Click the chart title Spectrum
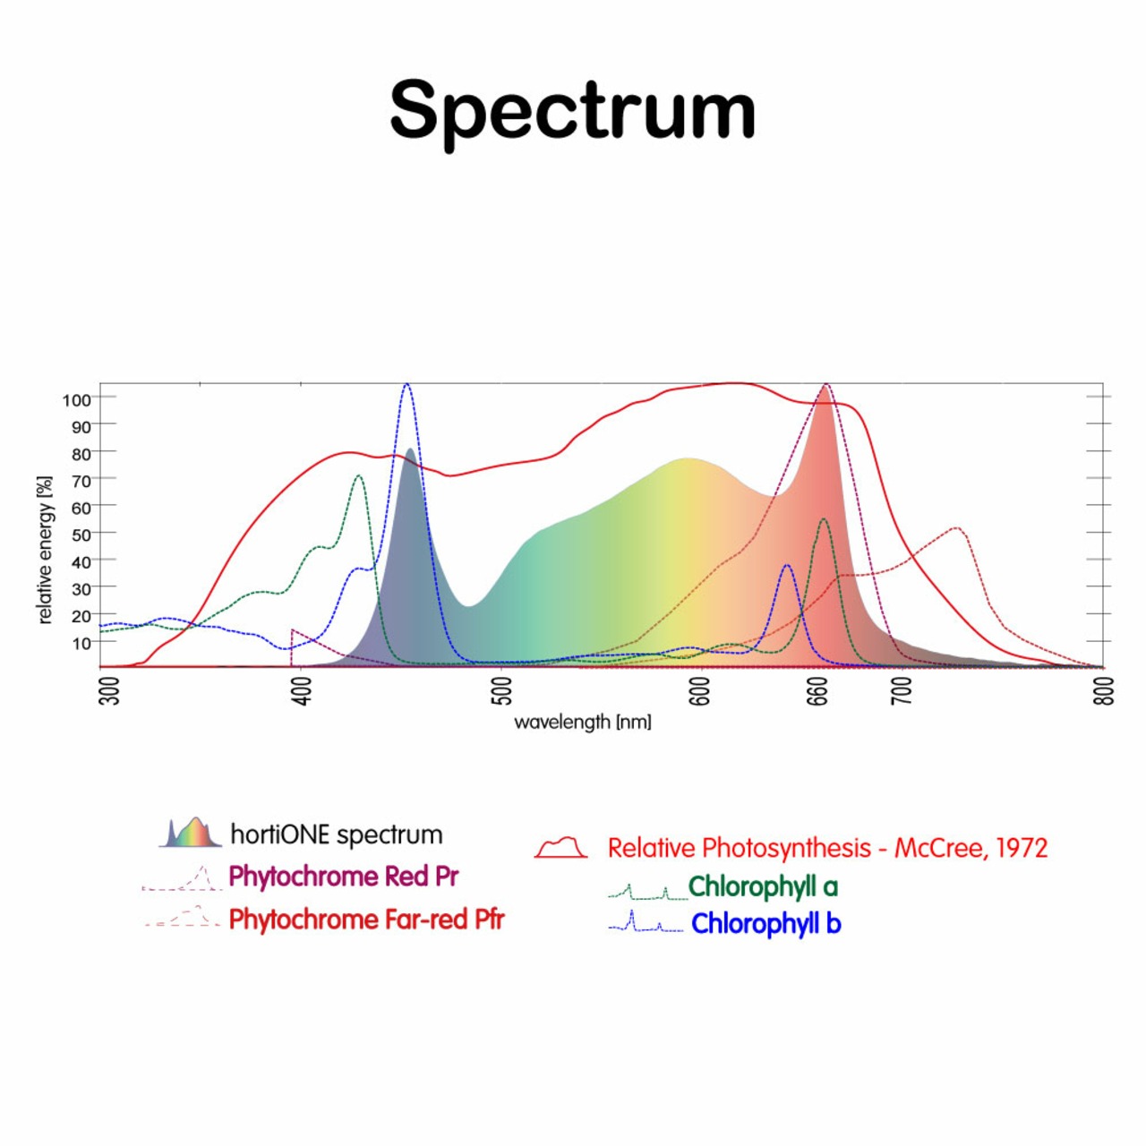(573, 109)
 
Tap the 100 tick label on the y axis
(76, 399)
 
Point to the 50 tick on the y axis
(81, 535)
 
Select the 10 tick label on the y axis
(81, 643)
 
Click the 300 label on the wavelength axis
(109, 690)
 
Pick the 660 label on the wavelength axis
(817, 690)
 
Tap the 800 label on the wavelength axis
(1105, 690)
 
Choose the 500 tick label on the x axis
(502, 690)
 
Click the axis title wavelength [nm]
(582, 722)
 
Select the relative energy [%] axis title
(45, 550)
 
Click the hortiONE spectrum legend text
(337, 834)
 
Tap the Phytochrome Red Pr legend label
(344, 876)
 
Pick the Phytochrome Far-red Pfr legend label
(367, 919)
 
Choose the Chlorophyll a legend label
(763, 886)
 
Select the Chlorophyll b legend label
(765, 923)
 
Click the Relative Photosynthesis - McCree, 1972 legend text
(827, 848)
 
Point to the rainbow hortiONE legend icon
(190, 833)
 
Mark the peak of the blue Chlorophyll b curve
(407, 385)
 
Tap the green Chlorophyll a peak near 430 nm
(359, 476)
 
